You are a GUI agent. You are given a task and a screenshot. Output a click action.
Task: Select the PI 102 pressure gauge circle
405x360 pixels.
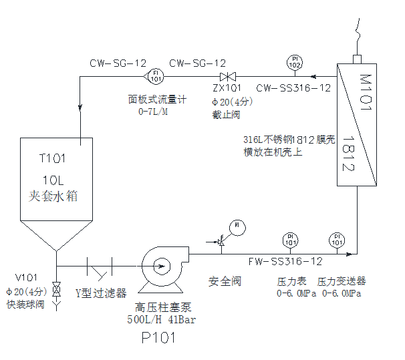(294, 63)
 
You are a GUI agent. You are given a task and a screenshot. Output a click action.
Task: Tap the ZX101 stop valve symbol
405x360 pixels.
(227, 76)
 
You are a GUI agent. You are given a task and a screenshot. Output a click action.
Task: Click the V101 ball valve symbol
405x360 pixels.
(57, 291)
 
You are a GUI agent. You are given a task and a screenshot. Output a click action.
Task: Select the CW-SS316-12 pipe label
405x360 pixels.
(293, 87)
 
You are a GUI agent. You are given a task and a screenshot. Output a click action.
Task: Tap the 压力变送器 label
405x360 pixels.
(342, 281)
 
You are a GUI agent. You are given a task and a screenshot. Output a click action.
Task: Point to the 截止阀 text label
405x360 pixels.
(223, 114)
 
